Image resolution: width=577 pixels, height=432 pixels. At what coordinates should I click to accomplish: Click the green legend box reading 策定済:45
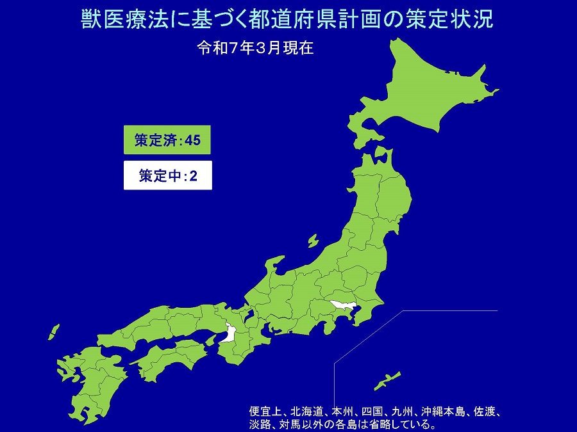(167, 141)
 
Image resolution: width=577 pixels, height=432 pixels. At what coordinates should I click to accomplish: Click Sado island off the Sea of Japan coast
(313, 241)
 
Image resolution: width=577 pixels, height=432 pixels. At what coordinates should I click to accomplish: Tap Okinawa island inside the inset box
(387, 380)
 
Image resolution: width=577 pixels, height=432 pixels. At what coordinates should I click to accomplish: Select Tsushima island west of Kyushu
(53, 332)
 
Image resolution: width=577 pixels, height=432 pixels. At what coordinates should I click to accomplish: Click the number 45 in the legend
(192, 141)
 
